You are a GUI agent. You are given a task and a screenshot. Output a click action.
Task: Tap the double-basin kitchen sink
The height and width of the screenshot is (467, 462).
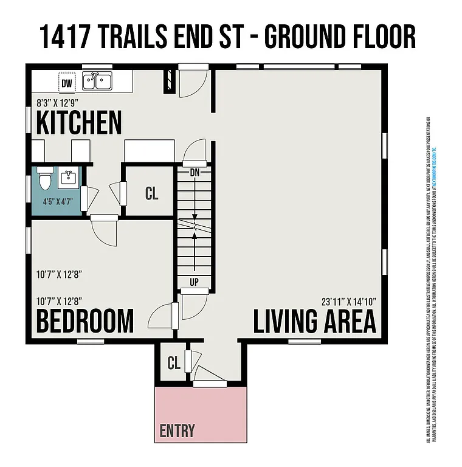pos(97,80)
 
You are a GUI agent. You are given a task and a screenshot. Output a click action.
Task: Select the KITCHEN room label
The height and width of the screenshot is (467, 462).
pos(79,122)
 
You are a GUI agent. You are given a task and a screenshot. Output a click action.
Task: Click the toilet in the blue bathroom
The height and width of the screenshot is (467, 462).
pos(44,180)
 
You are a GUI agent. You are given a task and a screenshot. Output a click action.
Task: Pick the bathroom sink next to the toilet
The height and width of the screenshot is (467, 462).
pos(67,178)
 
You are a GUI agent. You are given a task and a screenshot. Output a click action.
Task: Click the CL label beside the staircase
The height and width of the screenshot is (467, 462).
pos(151,193)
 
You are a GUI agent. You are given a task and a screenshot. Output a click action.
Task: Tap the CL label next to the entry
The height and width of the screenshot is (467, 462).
pos(174,364)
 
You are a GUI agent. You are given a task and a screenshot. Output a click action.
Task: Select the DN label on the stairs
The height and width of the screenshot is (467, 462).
pos(195,172)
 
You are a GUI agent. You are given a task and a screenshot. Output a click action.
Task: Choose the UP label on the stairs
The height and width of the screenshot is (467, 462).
pos(195,282)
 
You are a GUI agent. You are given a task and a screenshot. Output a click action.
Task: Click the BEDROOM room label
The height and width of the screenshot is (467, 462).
pos(84,320)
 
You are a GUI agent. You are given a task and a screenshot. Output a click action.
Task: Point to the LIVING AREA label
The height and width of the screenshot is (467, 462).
pos(314,320)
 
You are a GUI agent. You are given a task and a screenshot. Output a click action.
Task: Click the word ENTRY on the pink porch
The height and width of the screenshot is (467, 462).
pos(178,431)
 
